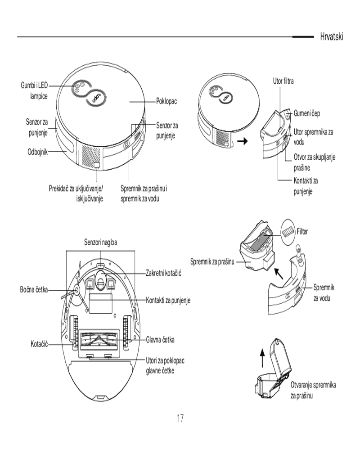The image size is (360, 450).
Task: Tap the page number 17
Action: coord(180,418)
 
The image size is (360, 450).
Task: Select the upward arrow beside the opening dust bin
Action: coord(263,359)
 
